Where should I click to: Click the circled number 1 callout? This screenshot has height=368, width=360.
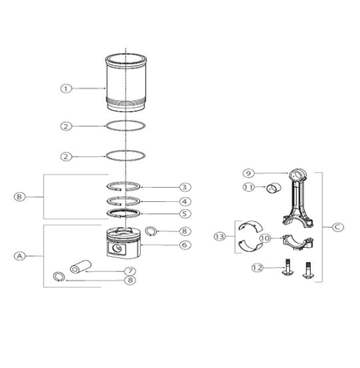[66, 88]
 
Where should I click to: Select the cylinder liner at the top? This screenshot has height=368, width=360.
[126, 83]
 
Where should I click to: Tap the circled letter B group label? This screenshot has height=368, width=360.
[19, 197]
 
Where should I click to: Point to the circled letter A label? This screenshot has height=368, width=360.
[19, 256]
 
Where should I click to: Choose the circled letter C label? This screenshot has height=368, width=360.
[338, 227]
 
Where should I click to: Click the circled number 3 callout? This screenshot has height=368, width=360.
[184, 187]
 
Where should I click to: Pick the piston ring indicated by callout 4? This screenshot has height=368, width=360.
[123, 201]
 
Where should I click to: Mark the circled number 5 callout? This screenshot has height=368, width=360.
[184, 214]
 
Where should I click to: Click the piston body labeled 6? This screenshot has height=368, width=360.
[123, 243]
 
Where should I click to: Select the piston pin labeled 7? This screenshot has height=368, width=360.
[81, 266]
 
